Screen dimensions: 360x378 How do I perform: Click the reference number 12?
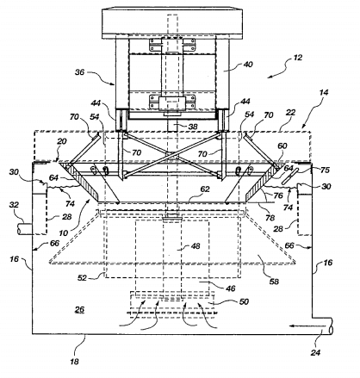298,58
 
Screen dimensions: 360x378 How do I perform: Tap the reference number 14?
324,92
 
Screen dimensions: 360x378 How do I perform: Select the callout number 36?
80,72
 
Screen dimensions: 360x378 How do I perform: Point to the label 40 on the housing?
248,64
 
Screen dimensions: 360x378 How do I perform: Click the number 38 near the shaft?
193,126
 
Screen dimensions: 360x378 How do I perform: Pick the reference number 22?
290,112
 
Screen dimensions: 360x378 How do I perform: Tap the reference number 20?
62,141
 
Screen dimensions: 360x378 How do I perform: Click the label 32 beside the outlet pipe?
14,205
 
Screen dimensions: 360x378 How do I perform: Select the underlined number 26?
79,310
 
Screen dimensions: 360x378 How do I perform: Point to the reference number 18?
74,362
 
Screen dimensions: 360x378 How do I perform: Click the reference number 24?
315,352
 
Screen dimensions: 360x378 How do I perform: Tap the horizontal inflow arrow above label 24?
307,326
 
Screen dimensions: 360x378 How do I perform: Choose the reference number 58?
274,282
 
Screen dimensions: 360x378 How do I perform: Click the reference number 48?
196,246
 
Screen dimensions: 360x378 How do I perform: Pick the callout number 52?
82,277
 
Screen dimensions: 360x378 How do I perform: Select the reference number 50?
244,301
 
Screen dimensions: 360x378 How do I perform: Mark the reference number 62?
205,189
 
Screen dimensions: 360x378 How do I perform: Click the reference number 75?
325,170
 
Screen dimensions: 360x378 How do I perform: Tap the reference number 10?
64,232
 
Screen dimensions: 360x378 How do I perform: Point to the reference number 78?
270,218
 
